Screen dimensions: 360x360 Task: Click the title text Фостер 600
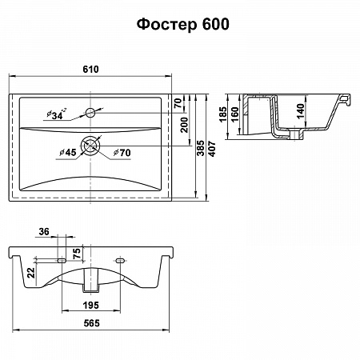[x=183, y=25]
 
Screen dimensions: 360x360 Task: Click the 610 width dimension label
[x=90, y=70]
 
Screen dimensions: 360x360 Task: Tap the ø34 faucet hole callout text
[x=57, y=114]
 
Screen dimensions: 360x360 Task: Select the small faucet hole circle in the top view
[x=90, y=113]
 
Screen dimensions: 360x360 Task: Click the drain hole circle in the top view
[x=90, y=146]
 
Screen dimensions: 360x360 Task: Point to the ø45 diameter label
[x=68, y=153]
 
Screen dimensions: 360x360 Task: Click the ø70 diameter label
[x=122, y=153]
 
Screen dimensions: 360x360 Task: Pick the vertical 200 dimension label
[x=184, y=125]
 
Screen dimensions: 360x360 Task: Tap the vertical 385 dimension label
[x=201, y=148]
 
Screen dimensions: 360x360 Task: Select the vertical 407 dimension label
[x=212, y=149]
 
